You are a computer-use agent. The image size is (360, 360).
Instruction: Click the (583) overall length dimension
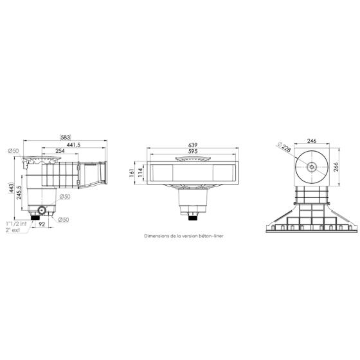point(65,137)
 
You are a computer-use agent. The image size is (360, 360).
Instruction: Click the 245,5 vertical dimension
point(20,193)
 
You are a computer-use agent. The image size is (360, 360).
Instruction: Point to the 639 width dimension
point(192,145)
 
